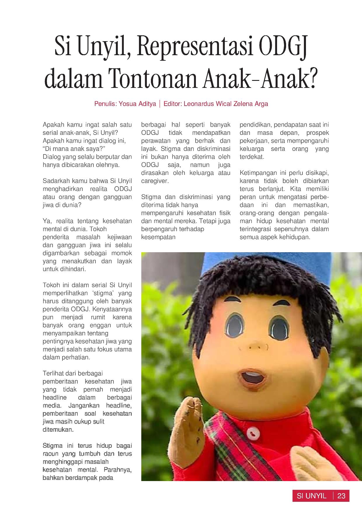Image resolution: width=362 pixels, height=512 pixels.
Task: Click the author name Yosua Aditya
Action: tap(137, 104)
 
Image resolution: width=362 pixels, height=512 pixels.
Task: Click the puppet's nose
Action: tap(253, 347)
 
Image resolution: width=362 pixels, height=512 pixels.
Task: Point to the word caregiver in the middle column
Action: tap(155, 181)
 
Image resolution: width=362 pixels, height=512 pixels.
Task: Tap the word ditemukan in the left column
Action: tap(58, 430)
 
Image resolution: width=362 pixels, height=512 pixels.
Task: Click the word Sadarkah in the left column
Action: tap(55, 181)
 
